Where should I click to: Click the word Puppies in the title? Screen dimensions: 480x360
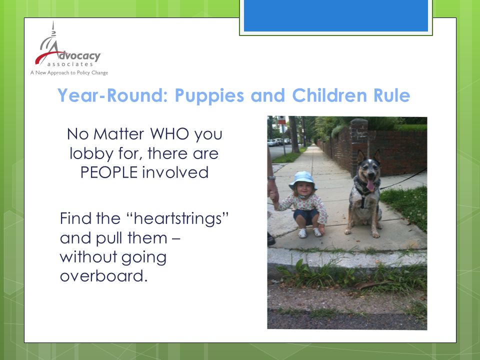[x=209, y=95]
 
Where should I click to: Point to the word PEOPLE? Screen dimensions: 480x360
[x=109, y=172]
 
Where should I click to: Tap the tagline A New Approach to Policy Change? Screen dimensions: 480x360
[x=69, y=73]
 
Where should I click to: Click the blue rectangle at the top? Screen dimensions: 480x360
[x=336, y=15]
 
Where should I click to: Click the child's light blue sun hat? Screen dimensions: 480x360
[x=302, y=179]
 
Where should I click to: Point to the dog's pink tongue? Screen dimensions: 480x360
[x=370, y=185]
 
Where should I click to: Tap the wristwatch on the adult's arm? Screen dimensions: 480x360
[x=271, y=177]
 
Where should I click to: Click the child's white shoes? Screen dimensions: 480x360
[x=310, y=232]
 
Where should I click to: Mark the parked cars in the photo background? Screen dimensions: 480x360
[x=279, y=141]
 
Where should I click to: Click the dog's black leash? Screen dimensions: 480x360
[x=403, y=178]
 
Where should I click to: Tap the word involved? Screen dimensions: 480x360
[x=175, y=172]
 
